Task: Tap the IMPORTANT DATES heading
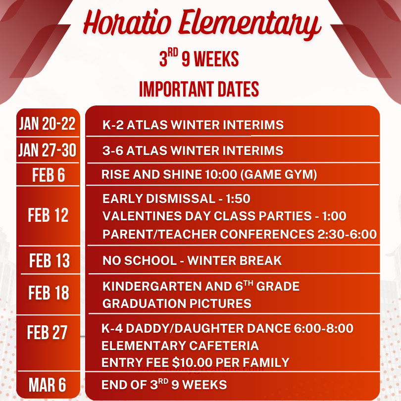[199, 89]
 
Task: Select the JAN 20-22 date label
[48, 124]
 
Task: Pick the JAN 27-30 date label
[48, 150]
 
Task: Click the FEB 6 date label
[49, 175]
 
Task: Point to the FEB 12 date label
[49, 215]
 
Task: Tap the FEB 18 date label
[49, 293]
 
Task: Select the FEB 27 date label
[48, 332]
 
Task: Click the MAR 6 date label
[48, 385]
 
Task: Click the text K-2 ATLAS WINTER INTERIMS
[193, 125]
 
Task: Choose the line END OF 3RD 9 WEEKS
[164, 385]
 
